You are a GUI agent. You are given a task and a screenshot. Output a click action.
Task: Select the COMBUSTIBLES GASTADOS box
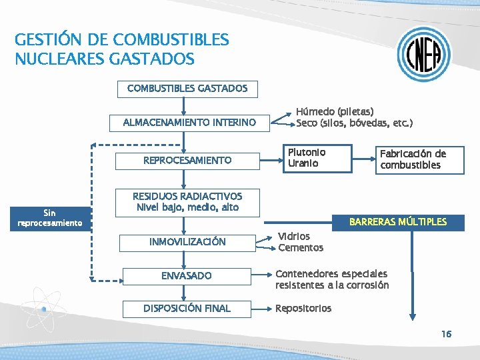pyautogui.click(x=187, y=89)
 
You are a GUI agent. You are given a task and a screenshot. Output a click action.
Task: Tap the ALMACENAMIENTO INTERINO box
pyautogui.click(x=189, y=123)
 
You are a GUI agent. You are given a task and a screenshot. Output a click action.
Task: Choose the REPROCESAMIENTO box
pyautogui.click(x=187, y=161)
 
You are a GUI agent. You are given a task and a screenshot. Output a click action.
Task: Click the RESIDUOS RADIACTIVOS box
pyautogui.click(x=187, y=202)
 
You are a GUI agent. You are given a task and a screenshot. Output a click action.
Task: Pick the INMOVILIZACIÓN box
pyautogui.click(x=187, y=242)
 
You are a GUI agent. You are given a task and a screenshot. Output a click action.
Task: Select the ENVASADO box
pyautogui.click(x=187, y=275)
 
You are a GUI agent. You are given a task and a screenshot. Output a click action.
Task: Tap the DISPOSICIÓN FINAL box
pyautogui.click(x=187, y=308)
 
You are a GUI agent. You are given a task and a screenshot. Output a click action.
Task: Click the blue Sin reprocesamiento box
pyautogui.click(x=49, y=218)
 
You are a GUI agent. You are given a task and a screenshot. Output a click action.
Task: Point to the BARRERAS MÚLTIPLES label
pyautogui.click(x=397, y=222)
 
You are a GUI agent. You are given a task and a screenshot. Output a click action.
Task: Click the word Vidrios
pyautogui.click(x=294, y=237)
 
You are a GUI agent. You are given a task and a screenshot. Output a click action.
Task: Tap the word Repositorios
pyautogui.click(x=303, y=309)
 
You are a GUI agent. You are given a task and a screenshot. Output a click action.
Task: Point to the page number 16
pyautogui.click(x=446, y=334)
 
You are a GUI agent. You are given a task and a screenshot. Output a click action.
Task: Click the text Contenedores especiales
pyautogui.click(x=331, y=274)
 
